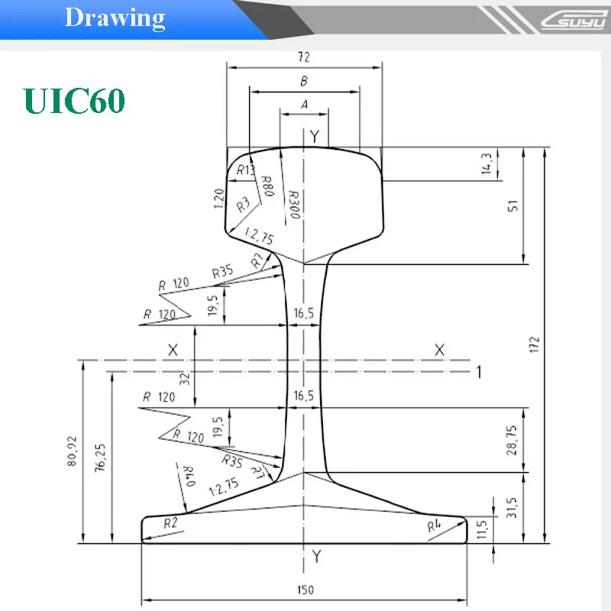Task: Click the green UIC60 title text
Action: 74,100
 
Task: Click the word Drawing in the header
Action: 115,18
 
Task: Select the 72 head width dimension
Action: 305,57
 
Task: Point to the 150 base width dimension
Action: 305,590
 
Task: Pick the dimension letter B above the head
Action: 304,81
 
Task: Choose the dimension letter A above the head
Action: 304,105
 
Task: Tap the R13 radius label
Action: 245,170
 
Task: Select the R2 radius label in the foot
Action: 171,522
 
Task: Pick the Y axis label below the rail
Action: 316,558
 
